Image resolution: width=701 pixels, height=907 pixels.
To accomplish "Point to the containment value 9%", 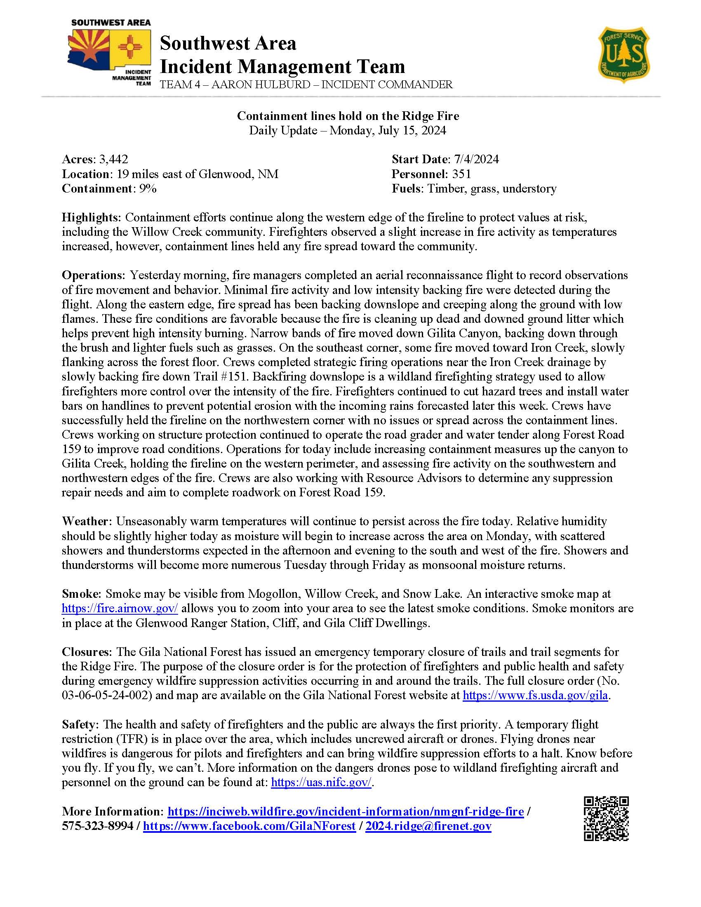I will click(x=148, y=188).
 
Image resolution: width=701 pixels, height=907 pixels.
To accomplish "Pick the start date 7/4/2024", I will click(x=474, y=159).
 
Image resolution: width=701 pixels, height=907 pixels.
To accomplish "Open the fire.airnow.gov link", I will click(x=120, y=609).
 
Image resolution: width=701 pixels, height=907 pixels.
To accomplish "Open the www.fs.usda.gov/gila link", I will click(x=535, y=696).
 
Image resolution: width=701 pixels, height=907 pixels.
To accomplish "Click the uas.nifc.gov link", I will click(x=321, y=782).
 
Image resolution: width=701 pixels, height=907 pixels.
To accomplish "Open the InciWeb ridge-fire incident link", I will click(x=346, y=811).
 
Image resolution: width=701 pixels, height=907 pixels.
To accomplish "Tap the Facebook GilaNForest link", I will click(x=249, y=826).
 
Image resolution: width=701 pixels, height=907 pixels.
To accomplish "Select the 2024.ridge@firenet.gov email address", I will click(x=428, y=826).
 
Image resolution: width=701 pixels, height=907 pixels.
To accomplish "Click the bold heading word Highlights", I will click(x=92, y=217).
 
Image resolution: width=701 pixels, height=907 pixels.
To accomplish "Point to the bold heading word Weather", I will click(x=87, y=521).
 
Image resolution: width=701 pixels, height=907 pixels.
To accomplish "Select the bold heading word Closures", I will click(x=87, y=652).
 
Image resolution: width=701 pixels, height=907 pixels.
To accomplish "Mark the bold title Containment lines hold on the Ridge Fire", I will click(x=348, y=116).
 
